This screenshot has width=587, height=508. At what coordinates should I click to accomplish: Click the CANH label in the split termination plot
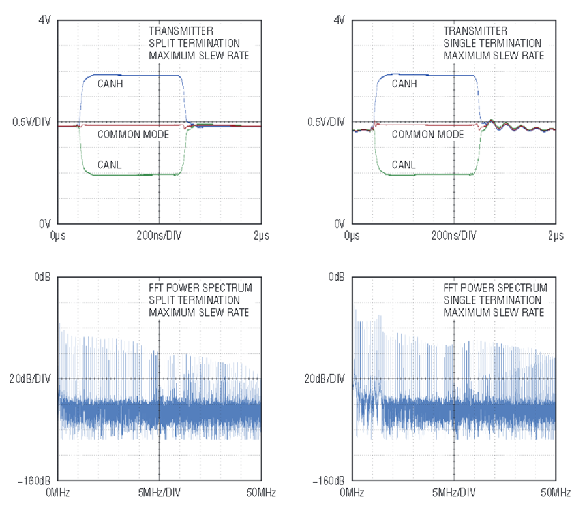[x=110, y=84]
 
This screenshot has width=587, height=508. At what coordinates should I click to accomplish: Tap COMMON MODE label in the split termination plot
[x=133, y=135]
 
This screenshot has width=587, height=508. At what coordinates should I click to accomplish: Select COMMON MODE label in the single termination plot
[x=428, y=135]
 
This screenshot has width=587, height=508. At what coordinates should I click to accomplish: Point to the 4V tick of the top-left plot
[x=44, y=20]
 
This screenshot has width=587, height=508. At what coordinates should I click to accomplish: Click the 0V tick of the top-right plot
[x=339, y=223]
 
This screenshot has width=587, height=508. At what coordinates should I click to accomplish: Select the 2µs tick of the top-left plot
[x=260, y=235]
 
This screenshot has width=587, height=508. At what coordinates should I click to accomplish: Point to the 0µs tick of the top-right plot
[x=352, y=235]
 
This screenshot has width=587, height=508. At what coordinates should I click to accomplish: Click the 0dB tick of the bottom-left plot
[x=42, y=277]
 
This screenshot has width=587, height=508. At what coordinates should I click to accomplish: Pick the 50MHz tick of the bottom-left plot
[x=258, y=492]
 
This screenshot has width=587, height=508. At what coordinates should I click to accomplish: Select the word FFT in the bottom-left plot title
[x=158, y=288]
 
